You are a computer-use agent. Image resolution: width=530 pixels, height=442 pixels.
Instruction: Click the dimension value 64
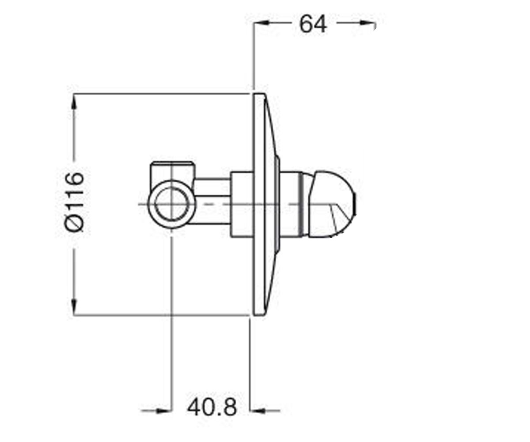pyautogui.click(x=313, y=24)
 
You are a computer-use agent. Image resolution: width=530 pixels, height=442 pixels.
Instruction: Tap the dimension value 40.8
pyautogui.click(x=212, y=407)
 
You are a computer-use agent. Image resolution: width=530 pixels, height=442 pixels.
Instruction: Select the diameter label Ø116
pyautogui.click(x=74, y=202)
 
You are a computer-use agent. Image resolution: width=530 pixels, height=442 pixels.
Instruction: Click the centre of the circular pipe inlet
pyautogui.click(x=172, y=204)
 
